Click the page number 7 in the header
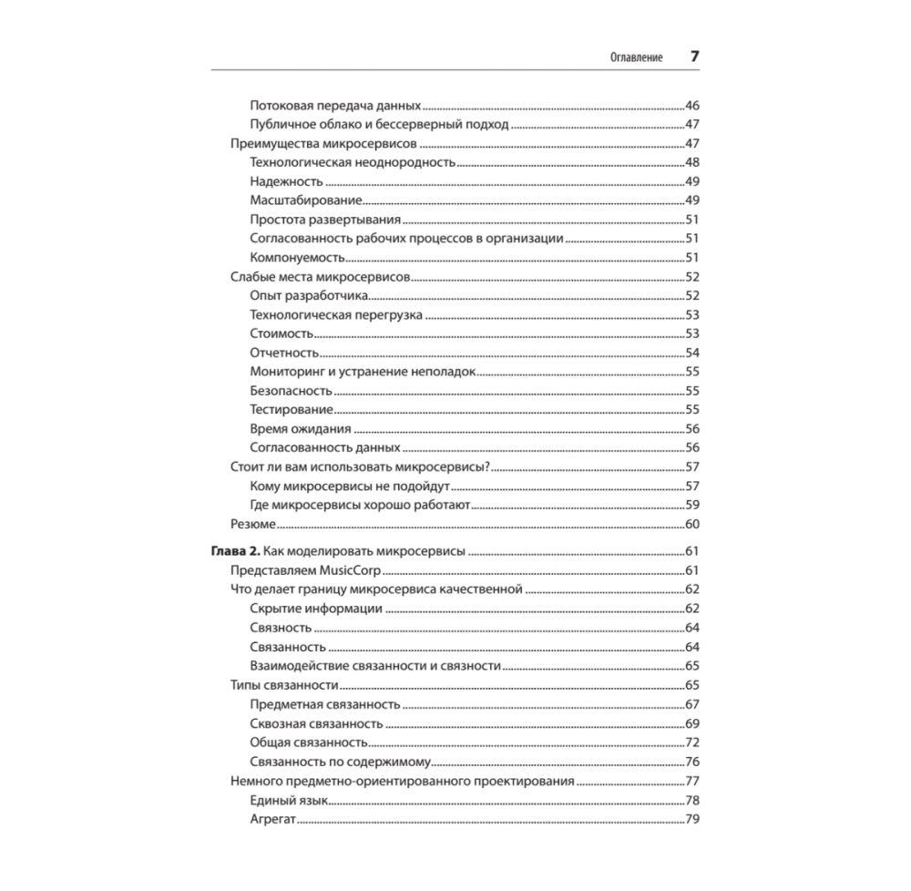tap(694, 56)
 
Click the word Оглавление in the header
tap(636, 57)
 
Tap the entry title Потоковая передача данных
tap(334, 106)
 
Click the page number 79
tap(691, 820)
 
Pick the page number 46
tap(691, 106)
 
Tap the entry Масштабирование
tap(306, 200)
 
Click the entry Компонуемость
tap(296, 258)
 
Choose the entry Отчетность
tap(283, 353)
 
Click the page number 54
tap(691, 353)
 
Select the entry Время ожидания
tap(301, 428)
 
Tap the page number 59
tap(691, 505)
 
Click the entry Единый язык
tap(288, 800)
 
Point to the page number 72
tap(691, 742)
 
